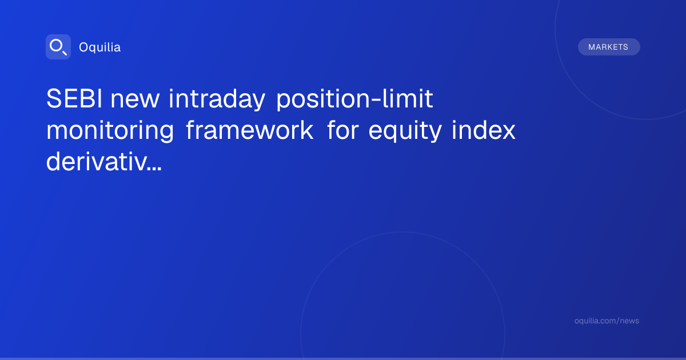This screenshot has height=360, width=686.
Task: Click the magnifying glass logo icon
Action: pos(58,47)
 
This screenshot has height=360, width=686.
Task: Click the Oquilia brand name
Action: pos(100,47)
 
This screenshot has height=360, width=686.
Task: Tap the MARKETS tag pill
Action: pos(609,47)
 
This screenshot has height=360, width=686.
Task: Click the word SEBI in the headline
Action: pos(74,98)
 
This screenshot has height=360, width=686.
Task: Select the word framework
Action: pos(250,130)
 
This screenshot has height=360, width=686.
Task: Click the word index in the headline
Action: pos(484,130)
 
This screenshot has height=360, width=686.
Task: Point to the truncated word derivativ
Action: pos(97,161)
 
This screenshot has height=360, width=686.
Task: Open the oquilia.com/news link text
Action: pos(607,321)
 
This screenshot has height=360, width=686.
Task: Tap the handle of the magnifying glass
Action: pos(65,53)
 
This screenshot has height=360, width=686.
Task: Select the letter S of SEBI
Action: pos(53,98)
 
